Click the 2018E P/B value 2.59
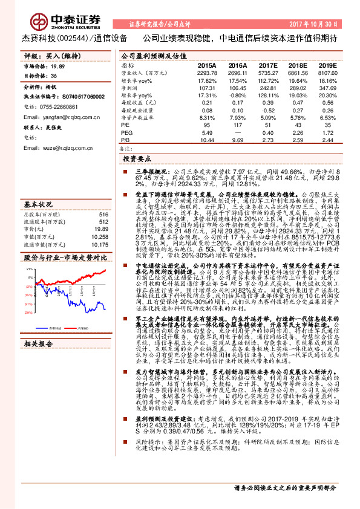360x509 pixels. coord(297,140)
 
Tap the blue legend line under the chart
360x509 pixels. coord(43,327)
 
